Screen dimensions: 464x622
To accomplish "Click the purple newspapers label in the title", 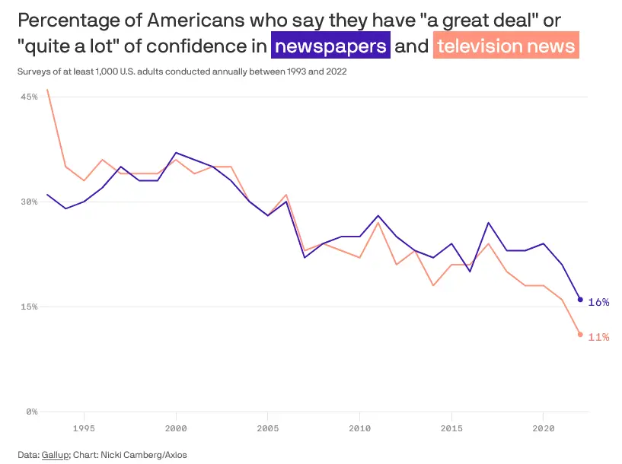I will pos(331,46).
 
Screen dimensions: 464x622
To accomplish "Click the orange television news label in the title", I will pos(506,46).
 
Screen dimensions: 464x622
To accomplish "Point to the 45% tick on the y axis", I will pos(29,97).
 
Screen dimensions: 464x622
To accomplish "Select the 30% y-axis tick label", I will pos(29,202).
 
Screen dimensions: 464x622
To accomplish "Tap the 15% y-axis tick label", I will pos(29,307).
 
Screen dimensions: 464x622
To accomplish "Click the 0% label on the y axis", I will pos(32,412).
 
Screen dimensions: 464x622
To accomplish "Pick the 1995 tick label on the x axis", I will pos(84,427).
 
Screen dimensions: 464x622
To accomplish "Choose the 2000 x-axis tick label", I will pos(176,427).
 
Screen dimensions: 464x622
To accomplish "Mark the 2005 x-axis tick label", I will pos(267,427).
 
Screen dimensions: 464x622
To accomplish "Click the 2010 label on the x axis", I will pos(359,427).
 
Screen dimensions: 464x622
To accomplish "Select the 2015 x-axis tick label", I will pos(451,427).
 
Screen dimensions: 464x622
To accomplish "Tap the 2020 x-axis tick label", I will pos(544,427).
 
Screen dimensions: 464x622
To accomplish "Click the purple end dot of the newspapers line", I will pos(580,300).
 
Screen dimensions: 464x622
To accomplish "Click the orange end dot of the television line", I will pos(580,335).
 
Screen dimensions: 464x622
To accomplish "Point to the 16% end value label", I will pos(598,302).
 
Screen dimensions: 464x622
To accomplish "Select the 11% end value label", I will pos(598,337).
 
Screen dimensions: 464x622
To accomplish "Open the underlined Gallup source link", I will pos(56,454).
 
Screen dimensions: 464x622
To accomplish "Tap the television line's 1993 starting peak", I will pos(47,90).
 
